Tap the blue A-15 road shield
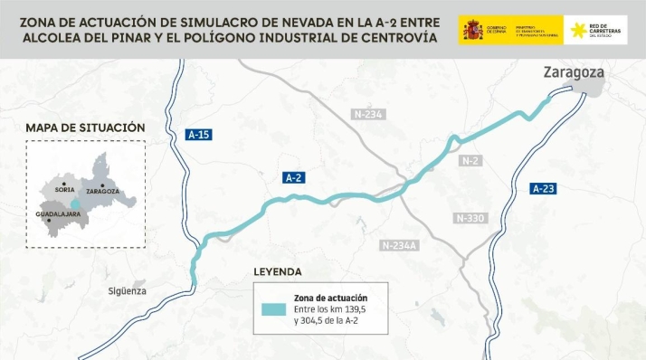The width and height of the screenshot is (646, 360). [x=198, y=135]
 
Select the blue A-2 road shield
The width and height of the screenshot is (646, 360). [x=293, y=178]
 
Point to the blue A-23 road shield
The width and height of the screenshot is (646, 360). [x=543, y=189]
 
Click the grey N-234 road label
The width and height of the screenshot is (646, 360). [x=369, y=114]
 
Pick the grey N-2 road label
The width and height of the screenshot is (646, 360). [x=469, y=161]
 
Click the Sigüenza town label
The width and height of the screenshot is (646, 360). [x=126, y=291]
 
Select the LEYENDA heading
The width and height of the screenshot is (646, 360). [x=278, y=271]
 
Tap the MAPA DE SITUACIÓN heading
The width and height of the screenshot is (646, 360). [x=84, y=128]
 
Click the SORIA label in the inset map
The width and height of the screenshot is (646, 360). [x=64, y=190]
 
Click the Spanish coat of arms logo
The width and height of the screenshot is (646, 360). [x=472, y=30]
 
